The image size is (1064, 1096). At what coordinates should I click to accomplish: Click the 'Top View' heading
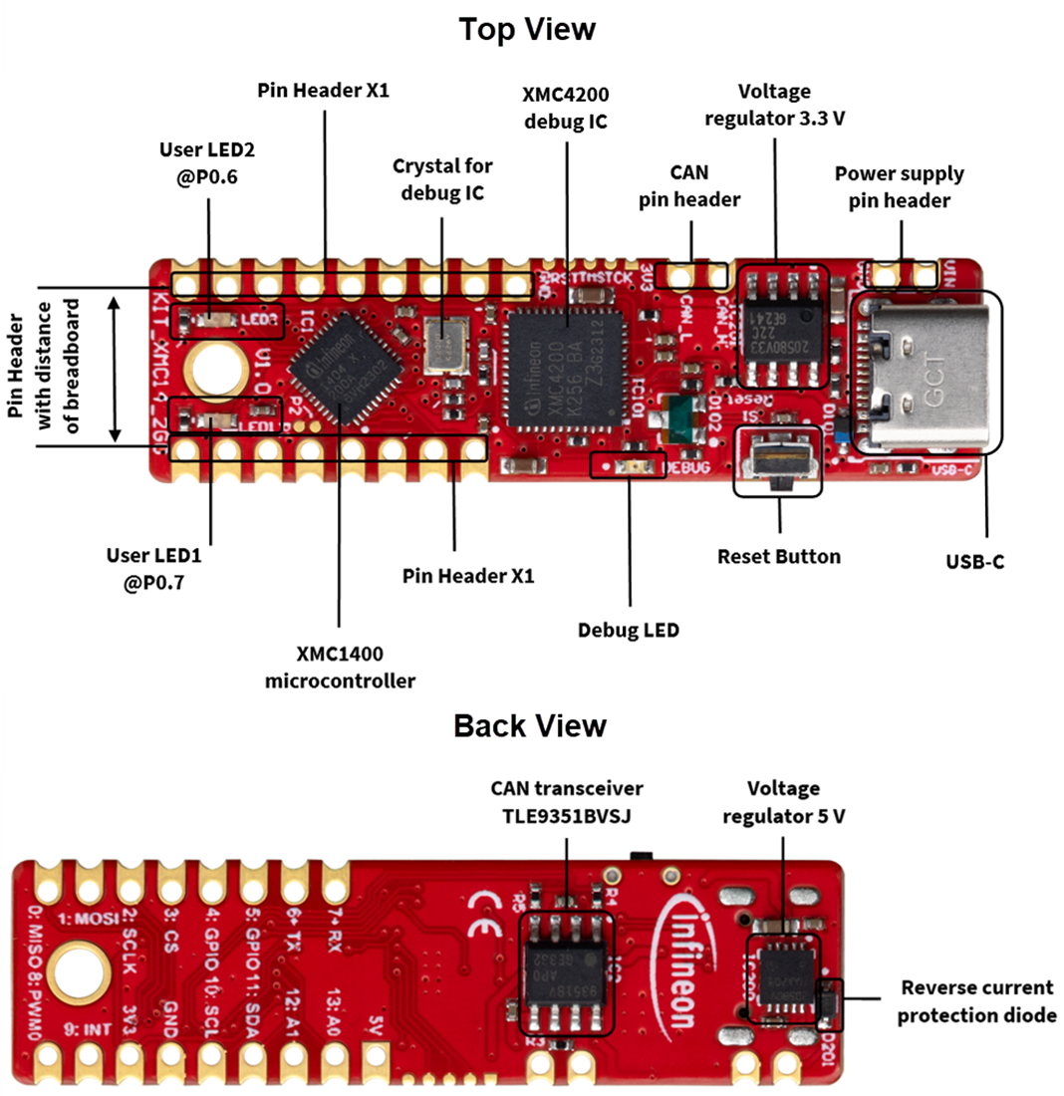526,29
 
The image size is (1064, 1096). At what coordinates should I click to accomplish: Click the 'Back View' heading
529,724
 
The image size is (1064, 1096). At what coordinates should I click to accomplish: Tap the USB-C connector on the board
928,372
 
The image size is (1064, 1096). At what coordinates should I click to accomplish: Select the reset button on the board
778,460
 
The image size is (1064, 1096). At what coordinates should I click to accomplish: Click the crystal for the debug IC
443,345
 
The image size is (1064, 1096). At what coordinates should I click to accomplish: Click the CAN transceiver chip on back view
567,972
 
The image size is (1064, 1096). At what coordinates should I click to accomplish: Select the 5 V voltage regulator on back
783,978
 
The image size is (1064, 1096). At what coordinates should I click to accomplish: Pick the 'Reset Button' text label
778,556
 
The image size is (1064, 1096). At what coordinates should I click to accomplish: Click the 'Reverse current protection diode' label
975,1001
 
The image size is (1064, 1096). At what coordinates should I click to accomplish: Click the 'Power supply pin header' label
899,186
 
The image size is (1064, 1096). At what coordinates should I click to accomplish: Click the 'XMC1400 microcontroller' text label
340,668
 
